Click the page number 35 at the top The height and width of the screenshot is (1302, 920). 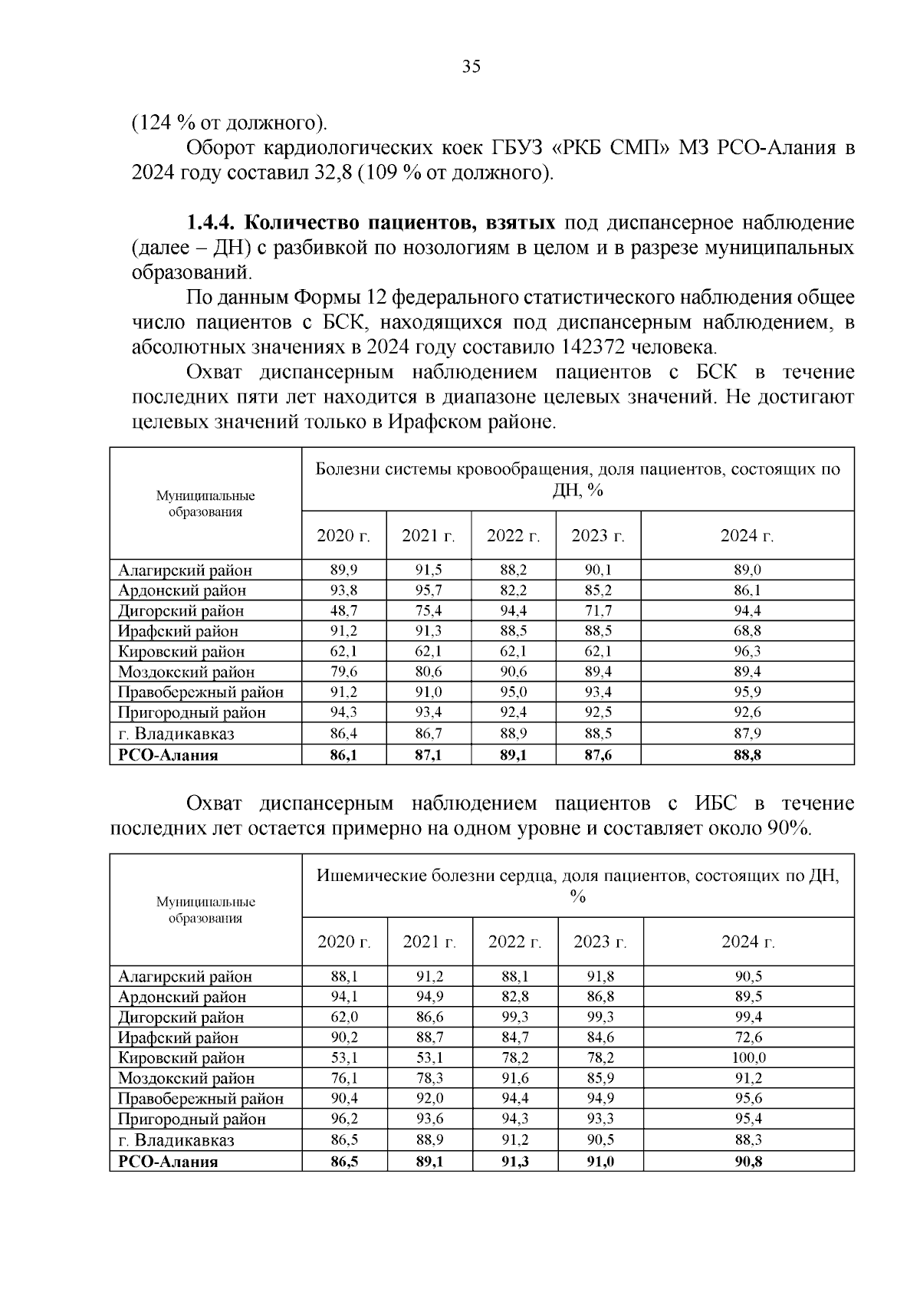(471, 67)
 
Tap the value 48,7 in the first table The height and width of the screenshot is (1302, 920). (343, 611)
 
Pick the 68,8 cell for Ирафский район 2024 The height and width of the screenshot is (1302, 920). (747, 631)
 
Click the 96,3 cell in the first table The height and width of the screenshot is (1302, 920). (747, 652)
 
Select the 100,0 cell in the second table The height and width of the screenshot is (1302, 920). (747, 1058)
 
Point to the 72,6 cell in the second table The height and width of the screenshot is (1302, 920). (747, 1037)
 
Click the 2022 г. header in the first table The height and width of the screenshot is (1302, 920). (513, 536)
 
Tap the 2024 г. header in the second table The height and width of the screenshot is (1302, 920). (747, 942)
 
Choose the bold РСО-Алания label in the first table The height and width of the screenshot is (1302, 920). (168, 755)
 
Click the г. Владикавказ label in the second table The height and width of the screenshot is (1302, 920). (176, 1140)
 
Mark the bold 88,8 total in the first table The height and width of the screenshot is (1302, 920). (747, 755)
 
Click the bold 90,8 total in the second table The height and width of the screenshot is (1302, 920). (747, 1162)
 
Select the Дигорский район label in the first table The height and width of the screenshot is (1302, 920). (181, 611)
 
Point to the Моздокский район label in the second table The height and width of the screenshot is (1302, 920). (186, 1079)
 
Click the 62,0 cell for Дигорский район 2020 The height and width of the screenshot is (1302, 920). (343, 1018)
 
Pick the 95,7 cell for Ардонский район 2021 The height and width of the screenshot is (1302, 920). (428, 590)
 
